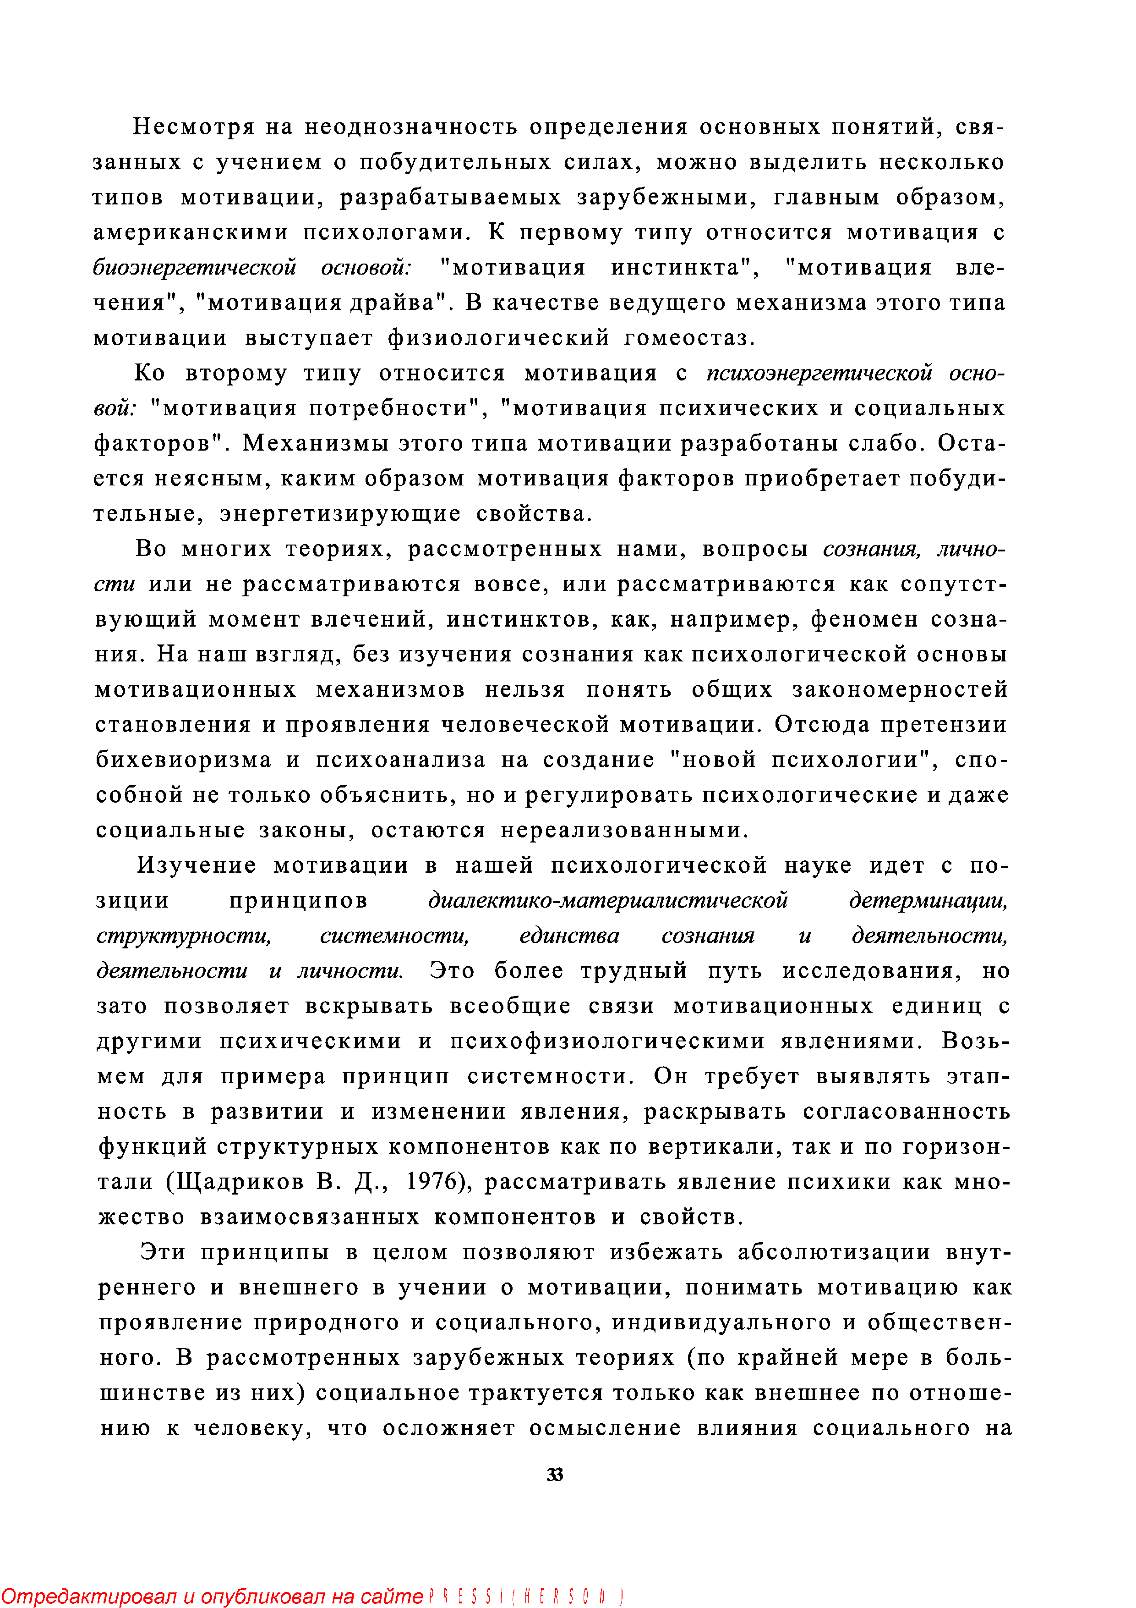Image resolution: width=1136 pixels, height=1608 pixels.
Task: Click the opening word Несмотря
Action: point(192,127)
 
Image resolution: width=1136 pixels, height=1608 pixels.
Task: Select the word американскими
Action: point(191,232)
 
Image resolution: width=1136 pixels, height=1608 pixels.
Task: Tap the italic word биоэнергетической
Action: point(195,268)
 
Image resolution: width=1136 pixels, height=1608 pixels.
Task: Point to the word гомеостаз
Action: point(689,338)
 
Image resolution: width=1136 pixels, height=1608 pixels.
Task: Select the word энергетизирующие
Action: point(340,514)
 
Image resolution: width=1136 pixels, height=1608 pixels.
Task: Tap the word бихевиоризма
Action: point(183,760)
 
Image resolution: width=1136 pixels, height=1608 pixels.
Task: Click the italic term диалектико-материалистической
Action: point(607,901)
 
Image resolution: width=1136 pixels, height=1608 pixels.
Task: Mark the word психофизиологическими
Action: point(607,1041)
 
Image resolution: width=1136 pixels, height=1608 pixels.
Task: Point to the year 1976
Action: point(436,1182)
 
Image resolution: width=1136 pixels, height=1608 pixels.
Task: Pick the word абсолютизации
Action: point(834,1252)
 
